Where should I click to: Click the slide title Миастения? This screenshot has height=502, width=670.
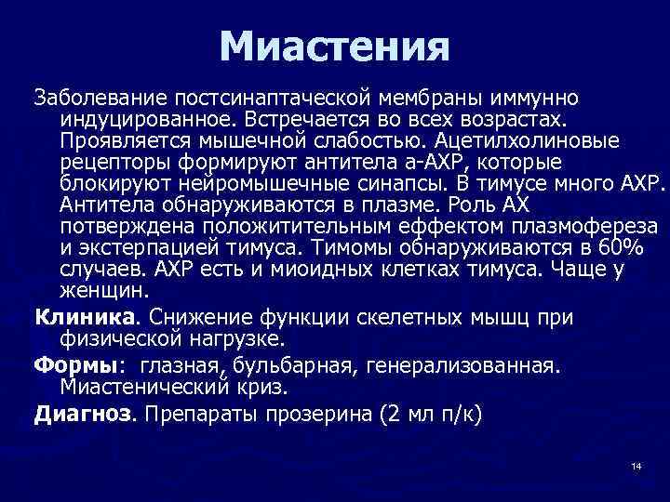click(x=335, y=46)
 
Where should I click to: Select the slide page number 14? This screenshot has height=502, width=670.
click(x=636, y=465)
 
